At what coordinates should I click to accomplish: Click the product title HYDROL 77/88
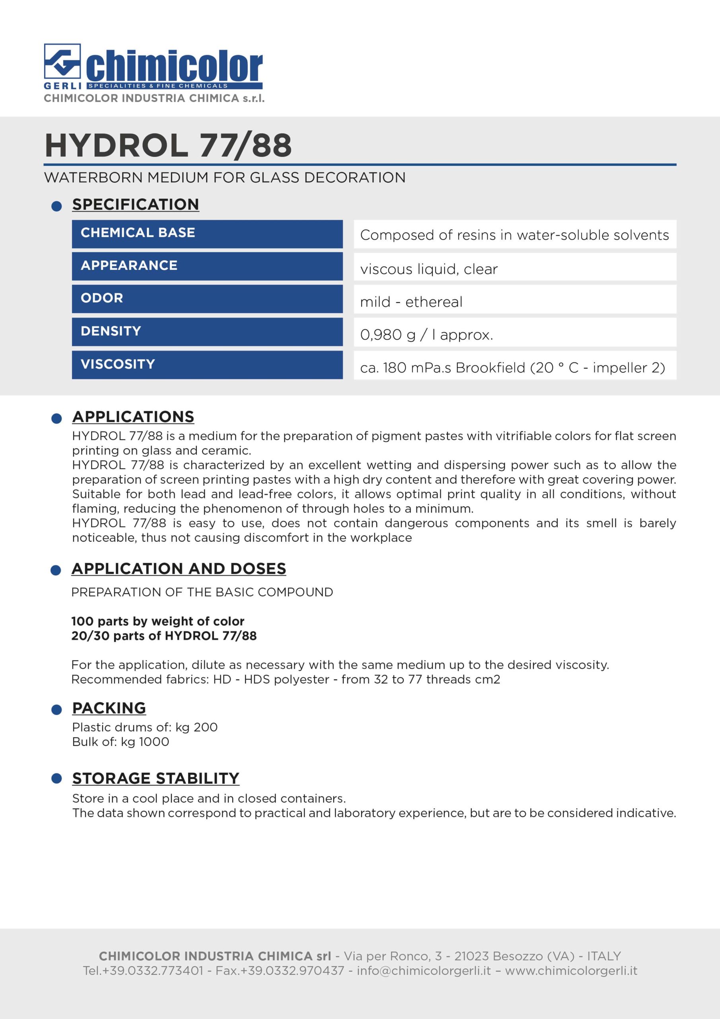click(168, 145)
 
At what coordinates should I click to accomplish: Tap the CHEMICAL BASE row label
click(138, 232)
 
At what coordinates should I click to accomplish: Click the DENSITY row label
click(111, 331)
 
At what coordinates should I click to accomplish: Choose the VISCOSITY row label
click(118, 364)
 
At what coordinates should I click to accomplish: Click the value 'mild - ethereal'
click(411, 302)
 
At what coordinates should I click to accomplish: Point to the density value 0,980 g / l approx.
click(426, 335)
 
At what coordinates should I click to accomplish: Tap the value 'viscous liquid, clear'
click(428, 269)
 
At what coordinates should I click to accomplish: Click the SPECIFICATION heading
click(135, 204)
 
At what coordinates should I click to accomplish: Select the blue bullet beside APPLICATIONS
click(56, 418)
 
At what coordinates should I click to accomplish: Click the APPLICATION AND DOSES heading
click(179, 568)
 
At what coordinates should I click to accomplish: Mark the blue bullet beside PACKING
click(56, 710)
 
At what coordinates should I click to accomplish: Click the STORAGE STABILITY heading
click(156, 779)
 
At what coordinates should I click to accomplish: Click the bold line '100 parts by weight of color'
click(158, 621)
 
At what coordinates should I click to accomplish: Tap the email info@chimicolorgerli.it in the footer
click(424, 970)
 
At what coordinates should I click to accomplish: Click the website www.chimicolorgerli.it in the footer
click(571, 970)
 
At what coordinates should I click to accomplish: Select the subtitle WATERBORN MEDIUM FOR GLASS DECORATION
click(224, 178)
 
